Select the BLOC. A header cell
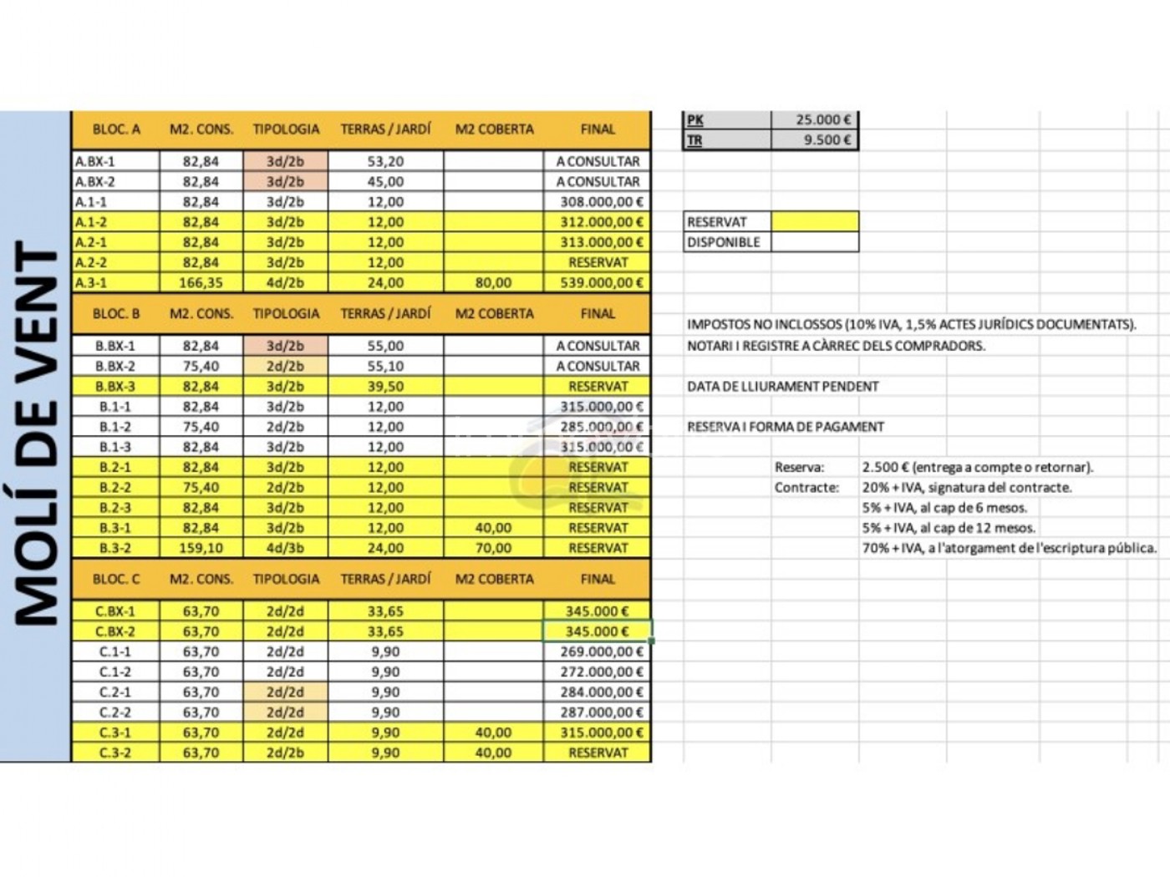116,129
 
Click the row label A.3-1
92,283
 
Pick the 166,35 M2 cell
201,283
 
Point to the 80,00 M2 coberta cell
493,283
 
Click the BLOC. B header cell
116,314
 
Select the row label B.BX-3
115,387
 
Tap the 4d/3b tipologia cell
285,549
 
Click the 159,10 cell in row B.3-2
201,549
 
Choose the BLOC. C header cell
116,579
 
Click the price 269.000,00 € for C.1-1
601,652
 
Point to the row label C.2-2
115,712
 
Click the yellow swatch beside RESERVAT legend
815,222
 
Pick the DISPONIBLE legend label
724,242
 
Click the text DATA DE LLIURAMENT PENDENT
782,387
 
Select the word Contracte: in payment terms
806,488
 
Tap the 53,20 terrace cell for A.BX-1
385,162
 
